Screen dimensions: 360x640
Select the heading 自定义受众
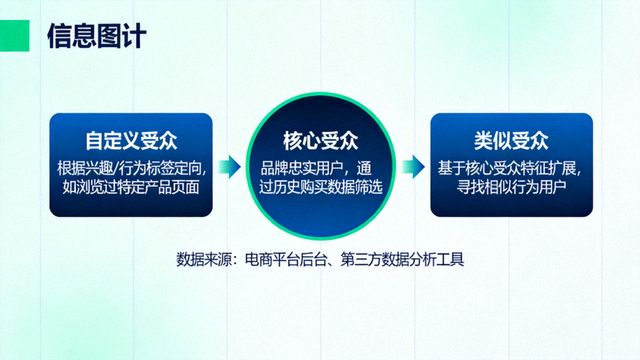pyautogui.click(x=131, y=141)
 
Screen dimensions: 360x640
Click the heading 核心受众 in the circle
pyautogui.click(x=320, y=141)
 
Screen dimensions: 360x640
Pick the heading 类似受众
pyautogui.click(x=511, y=141)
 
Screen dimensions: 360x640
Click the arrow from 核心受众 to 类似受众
pyautogui.click(x=413, y=166)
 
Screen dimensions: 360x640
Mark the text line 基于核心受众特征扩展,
pyautogui.click(x=512, y=169)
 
